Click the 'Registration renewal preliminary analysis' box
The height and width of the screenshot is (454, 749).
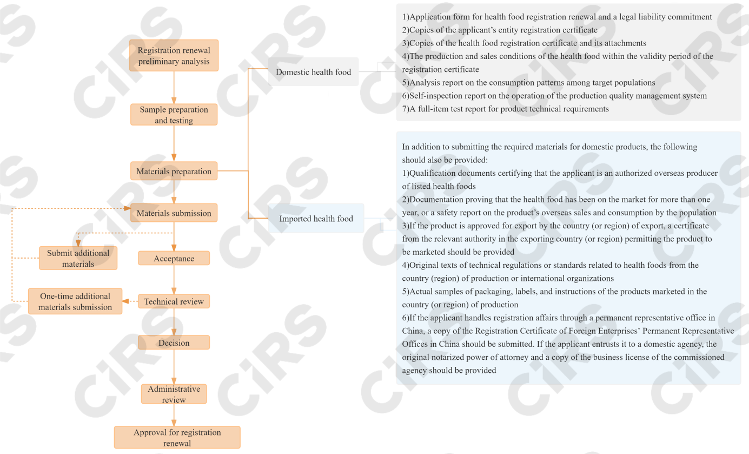pos(174,56)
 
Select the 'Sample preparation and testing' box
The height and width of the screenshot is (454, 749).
pos(174,115)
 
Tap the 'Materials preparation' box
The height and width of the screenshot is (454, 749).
pos(174,172)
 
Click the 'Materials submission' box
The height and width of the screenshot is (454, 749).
pos(174,213)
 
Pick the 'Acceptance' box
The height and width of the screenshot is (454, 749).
pos(174,259)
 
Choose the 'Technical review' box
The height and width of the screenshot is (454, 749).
pos(174,301)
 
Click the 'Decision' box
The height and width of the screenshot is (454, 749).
pos(174,343)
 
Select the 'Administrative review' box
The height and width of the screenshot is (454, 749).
pos(174,394)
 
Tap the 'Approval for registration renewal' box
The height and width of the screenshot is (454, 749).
pos(177,437)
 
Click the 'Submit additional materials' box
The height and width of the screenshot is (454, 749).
pos(78,258)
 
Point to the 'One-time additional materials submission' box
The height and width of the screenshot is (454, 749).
pos(75,301)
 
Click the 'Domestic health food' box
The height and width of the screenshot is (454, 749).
pos(313,72)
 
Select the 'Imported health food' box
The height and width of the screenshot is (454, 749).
pos(316,219)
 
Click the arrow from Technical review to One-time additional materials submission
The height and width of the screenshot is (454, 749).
pos(130,301)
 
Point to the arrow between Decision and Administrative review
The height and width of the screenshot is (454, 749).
pos(174,367)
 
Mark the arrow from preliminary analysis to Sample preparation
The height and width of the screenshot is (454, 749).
pos(174,87)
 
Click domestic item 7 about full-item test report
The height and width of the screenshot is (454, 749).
pos(505,109)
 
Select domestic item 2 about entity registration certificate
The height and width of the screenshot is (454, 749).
pos(500,30)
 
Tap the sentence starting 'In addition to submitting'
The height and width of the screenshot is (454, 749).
pos(549,153)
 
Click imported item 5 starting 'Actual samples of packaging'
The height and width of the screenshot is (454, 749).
pos(554,298)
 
